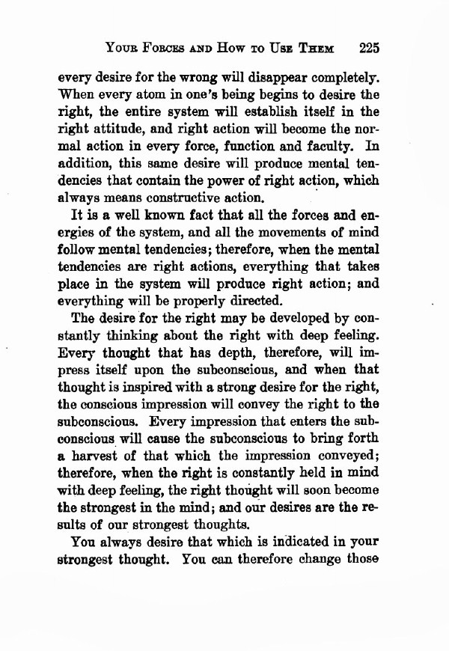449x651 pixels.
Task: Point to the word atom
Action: pos(152,96)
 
